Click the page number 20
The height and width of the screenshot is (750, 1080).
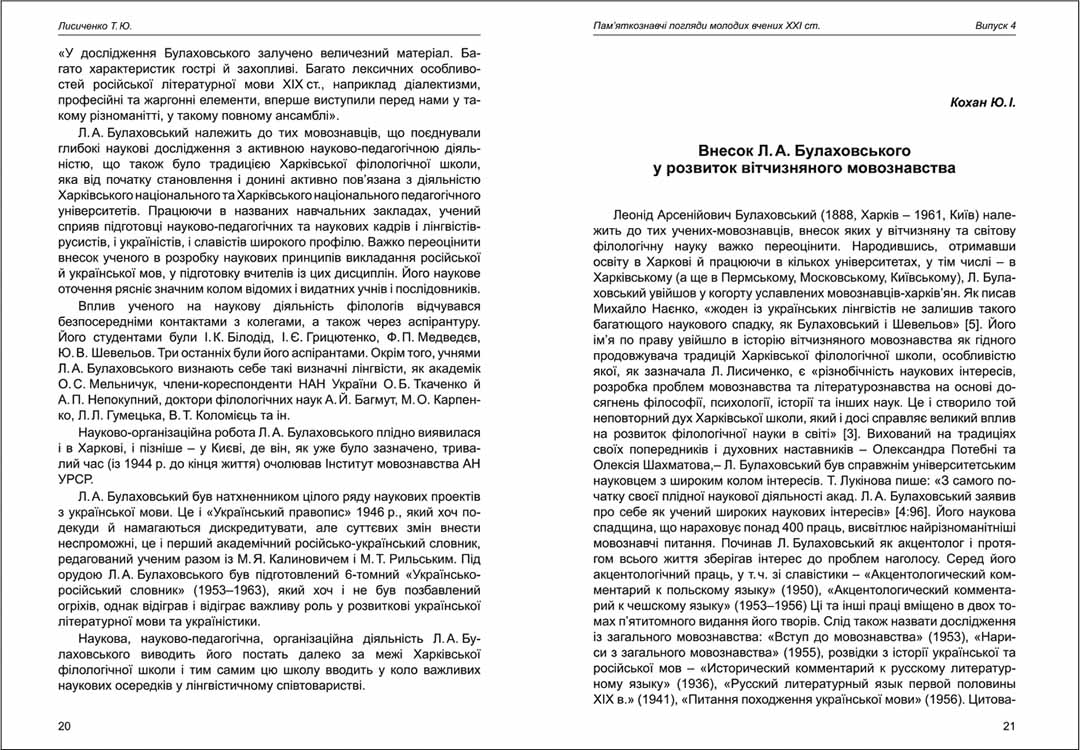pyautogui.click(x=65, y=725)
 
